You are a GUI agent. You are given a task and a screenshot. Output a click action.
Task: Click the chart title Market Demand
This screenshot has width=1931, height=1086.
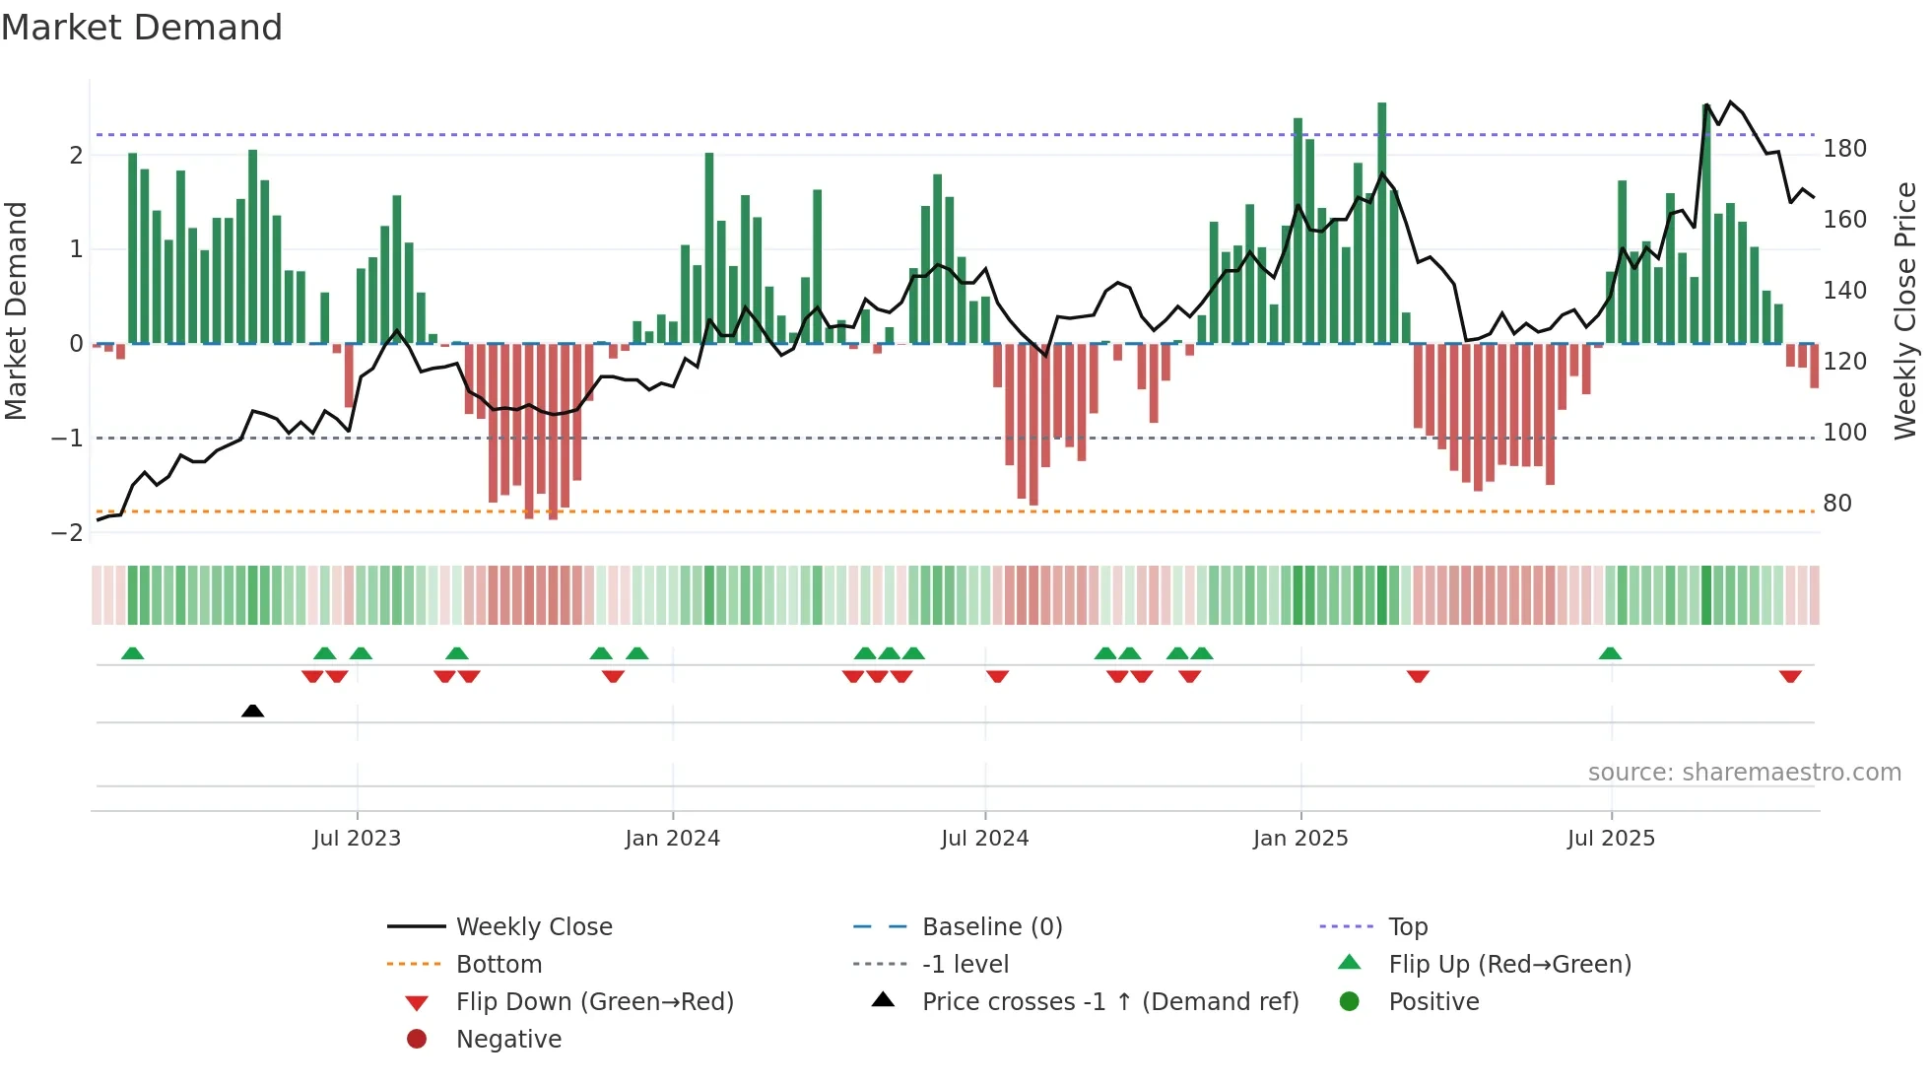142,28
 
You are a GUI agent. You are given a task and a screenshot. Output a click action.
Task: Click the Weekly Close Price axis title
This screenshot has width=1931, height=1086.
1904,310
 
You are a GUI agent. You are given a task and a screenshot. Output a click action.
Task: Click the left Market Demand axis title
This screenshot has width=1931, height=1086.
17,310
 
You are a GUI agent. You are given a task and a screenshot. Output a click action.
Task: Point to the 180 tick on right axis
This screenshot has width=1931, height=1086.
1844,149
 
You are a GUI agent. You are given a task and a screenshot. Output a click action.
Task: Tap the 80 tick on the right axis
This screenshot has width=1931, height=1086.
1837,504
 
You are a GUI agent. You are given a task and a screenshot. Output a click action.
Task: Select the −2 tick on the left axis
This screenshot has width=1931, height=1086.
68,533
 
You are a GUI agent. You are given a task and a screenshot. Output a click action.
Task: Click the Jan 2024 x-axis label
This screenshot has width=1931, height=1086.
672,839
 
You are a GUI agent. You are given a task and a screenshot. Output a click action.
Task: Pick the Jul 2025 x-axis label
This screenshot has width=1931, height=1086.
1611,839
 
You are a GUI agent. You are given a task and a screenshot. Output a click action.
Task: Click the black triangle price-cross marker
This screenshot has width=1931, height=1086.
252,711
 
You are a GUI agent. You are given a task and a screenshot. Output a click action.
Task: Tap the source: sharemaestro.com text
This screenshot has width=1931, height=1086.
1744,773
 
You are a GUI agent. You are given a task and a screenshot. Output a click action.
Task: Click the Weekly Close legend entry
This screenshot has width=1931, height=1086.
533,927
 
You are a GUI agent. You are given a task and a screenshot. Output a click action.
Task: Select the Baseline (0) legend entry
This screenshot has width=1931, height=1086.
991,927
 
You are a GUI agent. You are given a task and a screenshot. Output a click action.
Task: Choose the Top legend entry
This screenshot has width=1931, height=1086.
1407,927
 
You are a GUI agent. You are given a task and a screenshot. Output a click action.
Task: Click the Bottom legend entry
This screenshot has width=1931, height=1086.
499,965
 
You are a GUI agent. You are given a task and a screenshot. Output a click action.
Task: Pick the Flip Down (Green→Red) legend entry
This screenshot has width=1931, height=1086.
594,1002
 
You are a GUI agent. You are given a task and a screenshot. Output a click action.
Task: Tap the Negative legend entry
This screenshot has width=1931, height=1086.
508,1040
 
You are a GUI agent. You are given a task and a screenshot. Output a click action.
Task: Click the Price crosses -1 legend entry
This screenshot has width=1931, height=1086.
1109,1002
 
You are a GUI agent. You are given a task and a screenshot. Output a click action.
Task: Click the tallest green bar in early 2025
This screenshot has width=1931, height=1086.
1381,223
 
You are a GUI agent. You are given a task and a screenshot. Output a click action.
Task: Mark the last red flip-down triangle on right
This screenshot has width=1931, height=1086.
1790,676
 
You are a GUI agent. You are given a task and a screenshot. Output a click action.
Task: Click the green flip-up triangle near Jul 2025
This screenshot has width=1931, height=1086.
1610,653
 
